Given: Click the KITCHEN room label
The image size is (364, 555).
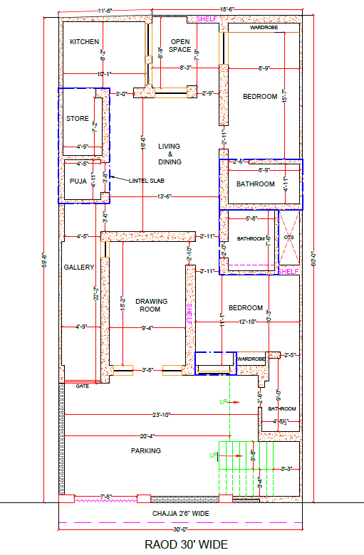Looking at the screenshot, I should click(x=84, y=42).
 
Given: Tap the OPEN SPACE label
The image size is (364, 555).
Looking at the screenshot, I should click(x=180, y=46).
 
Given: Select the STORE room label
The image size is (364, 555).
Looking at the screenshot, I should click(x=77, y=118).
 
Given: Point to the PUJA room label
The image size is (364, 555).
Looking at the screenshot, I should click(x=78, y=181).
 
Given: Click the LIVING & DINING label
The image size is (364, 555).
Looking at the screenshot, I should click(x=170, y=154).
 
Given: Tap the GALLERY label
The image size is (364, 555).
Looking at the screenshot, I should click(x=79, y=267).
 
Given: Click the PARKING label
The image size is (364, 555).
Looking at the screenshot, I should click(x=145, y=450).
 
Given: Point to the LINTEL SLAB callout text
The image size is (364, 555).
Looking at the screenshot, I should click(x=147, y=181).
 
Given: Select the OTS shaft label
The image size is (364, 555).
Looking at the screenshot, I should click(x=288, y=237).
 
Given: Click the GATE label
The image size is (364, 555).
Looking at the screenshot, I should click(x=82, y=385).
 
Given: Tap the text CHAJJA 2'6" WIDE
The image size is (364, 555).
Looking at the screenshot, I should click(x=180, y=512).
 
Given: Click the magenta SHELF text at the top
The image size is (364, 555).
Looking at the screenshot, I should click(x=207, y=18).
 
